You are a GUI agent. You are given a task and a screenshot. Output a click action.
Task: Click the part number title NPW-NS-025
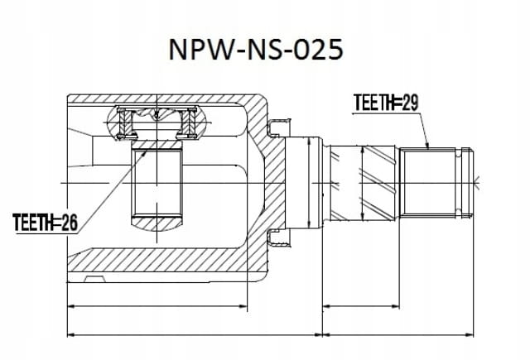pos(256,50)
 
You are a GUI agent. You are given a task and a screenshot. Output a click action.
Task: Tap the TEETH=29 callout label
pos(386,103)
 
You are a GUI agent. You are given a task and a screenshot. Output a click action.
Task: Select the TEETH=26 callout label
pos(46,223)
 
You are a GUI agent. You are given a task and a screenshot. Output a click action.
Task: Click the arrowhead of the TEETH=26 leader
pos(145,153)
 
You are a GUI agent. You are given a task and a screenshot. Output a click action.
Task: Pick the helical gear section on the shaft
pos(362,183)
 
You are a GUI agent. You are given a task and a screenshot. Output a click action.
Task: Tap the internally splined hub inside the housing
pos(157,183)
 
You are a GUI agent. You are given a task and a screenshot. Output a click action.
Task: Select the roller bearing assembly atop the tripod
pos(157,123)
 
